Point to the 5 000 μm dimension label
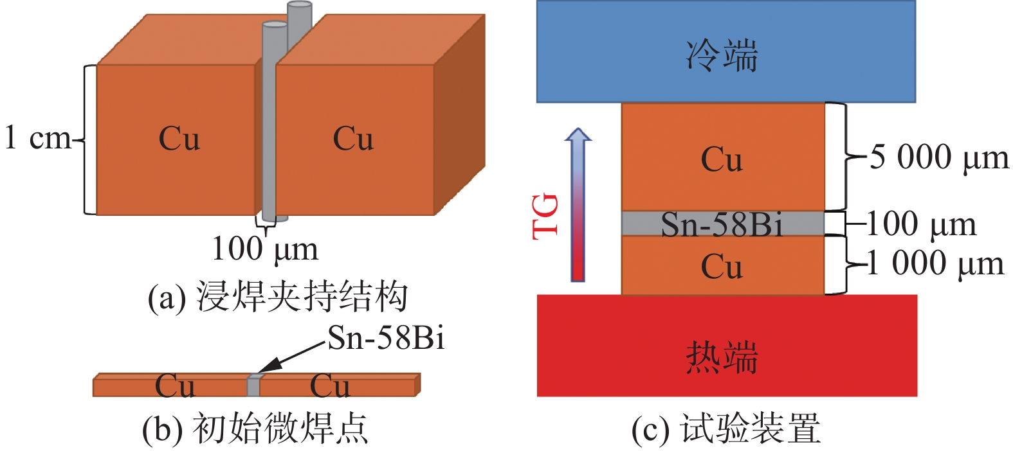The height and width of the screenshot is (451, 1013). pyautogui.click(x=938, y=158)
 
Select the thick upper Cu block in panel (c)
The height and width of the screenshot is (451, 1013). pyautogui.click(x=722, y=157)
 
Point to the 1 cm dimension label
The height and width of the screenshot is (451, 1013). pyautogui.click(x=37, y=138)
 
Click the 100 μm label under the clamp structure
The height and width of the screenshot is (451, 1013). pyautogui.click(x=265, y=249)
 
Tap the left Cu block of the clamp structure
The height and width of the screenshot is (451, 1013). pyautogui.click(x=177, y=139)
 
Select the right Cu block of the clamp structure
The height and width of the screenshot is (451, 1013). pyautogui.click(x=354, y=139)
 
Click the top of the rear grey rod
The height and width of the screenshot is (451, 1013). pyautogui.click(x=299, y=6)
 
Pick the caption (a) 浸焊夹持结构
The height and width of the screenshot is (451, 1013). pyautogui.click(x=278, y=297)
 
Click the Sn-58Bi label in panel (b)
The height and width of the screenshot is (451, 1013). pyautogui.click(x=386, y=338)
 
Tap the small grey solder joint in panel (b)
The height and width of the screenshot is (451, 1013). pyautogui.click(x=254, y=385)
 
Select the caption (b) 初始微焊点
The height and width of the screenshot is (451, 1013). pyautogui.click(x=255, y=429)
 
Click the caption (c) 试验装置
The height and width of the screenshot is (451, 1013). pyautogui.click(x=726, y=429)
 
